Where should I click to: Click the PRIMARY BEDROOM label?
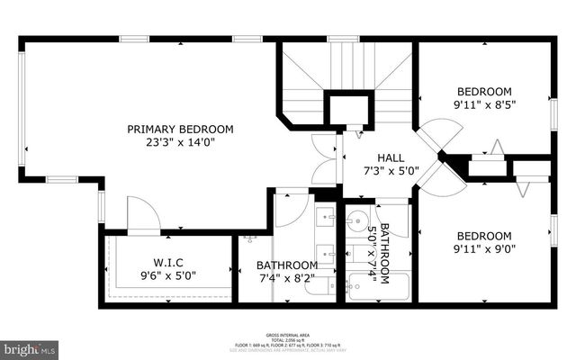[x=180, y=128]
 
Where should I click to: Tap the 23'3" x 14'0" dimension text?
[x=180, y=141]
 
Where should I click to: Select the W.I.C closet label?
[x=168, y=262]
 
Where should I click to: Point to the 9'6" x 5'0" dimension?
[x=168, y=275]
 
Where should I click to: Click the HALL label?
[x=377, y=157]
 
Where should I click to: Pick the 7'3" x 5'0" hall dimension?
[x=377, y=170]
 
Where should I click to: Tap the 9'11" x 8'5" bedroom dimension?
[x=484, y=104]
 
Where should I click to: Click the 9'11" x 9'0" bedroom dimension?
[x=484, y=248]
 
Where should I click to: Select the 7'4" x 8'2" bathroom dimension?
[x=286, y=279]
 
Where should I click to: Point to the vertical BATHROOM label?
[x=385, y=253]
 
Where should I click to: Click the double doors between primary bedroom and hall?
[x=324, y=158]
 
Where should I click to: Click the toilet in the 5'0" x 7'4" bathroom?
[x=398, y=220]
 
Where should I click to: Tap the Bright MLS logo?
[x=30, y=347]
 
